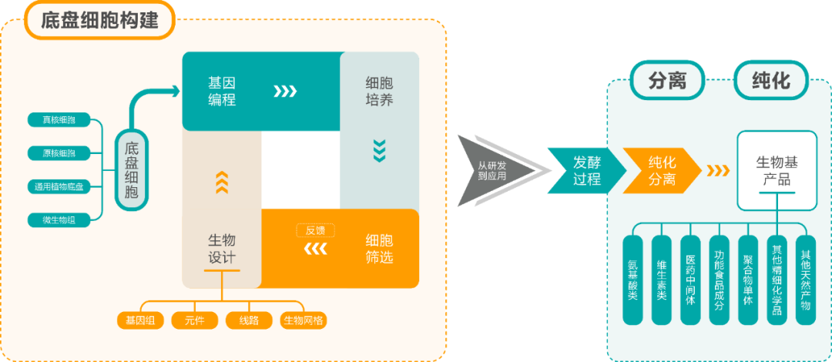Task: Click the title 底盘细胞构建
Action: click(x=99, y=21)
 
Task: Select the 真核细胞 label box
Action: click(x=58, y=120)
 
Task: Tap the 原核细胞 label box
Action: click(x=58, y=153)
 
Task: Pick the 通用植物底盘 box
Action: click(x=58, y=186)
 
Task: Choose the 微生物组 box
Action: click(x=58, y=220)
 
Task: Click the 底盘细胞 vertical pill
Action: click(x=132, y=170)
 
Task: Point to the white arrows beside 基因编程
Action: click(x=285, y=92)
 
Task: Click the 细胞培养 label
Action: click(x=379, y=90)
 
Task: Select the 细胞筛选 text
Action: click(x=379, y=248)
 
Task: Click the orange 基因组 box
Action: click(x=140, y=320)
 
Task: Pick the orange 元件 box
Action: click(x=193, y=320)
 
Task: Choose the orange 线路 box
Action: click(x=248, y=320)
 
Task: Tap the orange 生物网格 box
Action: click(x=303, y=320)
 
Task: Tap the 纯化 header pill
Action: click(x=771, y=80)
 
